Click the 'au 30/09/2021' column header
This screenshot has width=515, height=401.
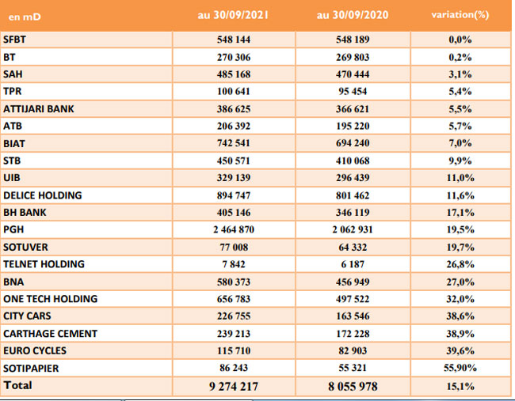coord(233,15)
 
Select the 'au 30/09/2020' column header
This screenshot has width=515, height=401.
coord(353,15)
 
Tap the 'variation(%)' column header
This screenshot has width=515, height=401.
coord(460,15)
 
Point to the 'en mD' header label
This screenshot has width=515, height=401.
coord(25,17)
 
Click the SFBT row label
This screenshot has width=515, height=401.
coord(14,40)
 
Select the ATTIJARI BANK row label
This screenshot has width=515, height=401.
coord(39,109)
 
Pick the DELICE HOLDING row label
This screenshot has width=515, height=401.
coord(42,195)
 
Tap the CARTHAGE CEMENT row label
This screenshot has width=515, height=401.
coord(50,334)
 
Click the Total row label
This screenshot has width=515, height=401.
coord(17,385)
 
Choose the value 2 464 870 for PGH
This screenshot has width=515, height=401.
coord(234,229)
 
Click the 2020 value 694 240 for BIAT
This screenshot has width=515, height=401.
coord(353,143)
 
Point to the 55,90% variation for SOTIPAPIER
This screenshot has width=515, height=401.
coord(460,368)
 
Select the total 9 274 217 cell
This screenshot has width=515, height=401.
coord(234,386)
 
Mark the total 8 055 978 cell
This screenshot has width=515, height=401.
coord(353,386)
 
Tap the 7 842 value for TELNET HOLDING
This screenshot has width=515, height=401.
coord(234,264)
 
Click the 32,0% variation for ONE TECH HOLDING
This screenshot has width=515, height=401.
coord(460,299)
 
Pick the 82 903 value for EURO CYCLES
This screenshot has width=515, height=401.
coord(353,351)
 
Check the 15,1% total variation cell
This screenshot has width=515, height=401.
coord(460,386)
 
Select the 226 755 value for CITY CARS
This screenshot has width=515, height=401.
coord(234,316)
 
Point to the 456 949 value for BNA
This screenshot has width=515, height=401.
coord(353,282)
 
